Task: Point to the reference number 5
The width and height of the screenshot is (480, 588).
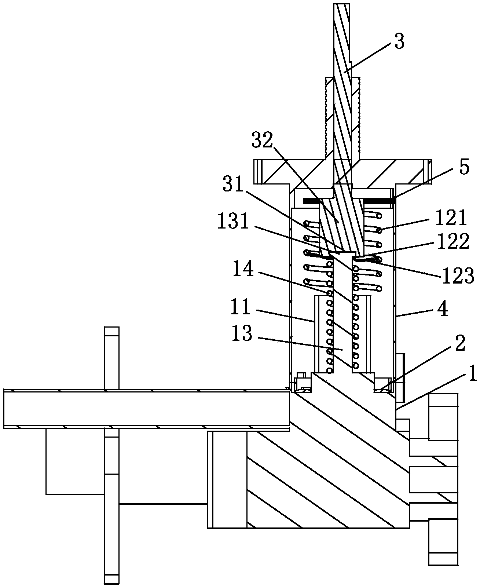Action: (x=464, y=167)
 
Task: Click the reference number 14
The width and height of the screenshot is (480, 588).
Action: (x=243, y=269)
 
